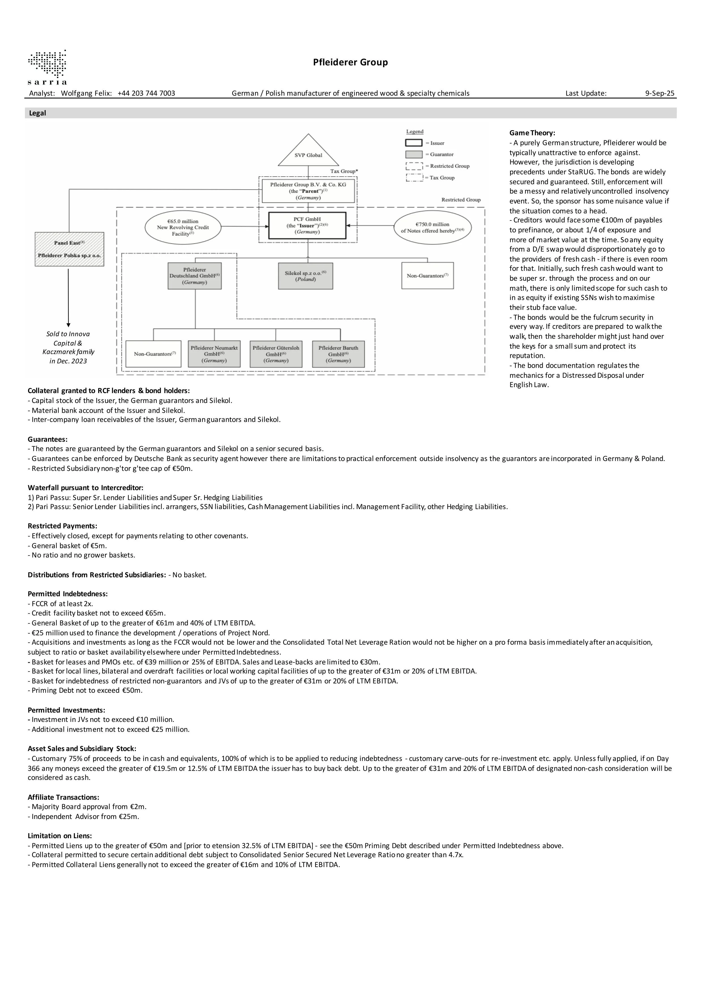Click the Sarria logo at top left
[47, 67]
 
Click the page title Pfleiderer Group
[350, 62]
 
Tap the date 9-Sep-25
[659, 93]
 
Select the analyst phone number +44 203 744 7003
[146, 93]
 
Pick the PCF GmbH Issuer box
[307, 225]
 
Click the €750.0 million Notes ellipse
[432, 228]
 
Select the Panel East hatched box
[69, 249]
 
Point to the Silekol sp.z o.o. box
[305, 276]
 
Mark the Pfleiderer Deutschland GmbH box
[195, 276]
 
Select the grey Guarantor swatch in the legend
[414, 155]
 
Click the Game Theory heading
[532, 133]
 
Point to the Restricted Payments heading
[62, 526]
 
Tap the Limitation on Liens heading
[60, 836]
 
